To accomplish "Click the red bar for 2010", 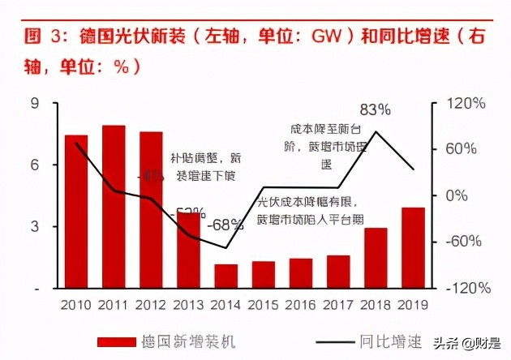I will coord(76,211).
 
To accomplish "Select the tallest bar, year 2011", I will coord(114,207).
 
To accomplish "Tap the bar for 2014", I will coord(226,276).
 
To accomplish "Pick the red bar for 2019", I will coord(414,247).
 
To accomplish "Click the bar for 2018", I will coord(376,258).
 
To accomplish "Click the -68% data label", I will coord(225,224).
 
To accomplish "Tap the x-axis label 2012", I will coord(151,304).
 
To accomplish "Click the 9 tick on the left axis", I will coord(35,104).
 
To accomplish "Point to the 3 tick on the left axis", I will coord(35,227).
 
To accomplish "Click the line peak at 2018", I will coord(376,131).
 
